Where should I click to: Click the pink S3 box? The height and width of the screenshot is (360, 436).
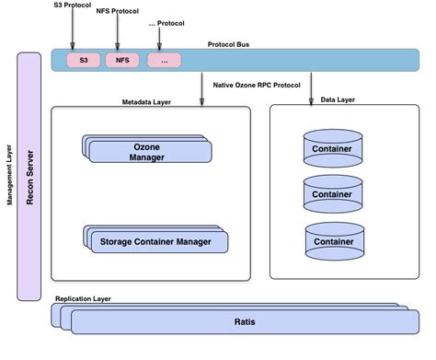[83, 60]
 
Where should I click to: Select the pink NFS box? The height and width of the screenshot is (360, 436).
[121, 60]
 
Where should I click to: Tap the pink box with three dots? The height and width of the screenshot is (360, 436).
[164, 60]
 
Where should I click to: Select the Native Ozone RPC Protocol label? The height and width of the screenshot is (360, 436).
[258, 86]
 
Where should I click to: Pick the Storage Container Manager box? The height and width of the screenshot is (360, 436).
[156, 241]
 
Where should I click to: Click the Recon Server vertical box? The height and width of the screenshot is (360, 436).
[29, 175]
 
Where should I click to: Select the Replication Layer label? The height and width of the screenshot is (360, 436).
[83, 298]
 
